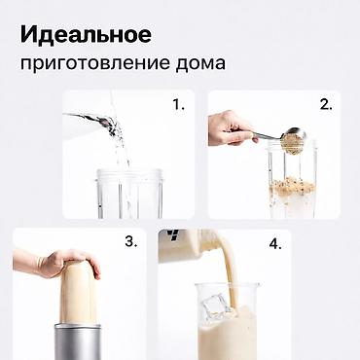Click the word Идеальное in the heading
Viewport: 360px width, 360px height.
pyautogui.click(x=86, y=34)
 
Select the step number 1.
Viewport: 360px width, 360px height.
pyautogui.click(x=178, y=104)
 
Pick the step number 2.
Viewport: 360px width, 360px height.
pyautogui.click(x=326, y=104)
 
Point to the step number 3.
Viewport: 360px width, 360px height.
pyautogui.click(x=131, y=241)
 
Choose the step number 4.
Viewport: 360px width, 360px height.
pyautogui.click(x=275, y=244)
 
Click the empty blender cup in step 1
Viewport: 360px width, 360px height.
pyautogui.click(x=129, y=194)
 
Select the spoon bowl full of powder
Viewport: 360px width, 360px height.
pyautogui.click(x=293, y=140)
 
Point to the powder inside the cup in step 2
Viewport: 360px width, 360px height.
pyautogui.click(x=293, y=188)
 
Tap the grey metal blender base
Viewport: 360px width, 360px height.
pyautogui.click(x=78, y=341)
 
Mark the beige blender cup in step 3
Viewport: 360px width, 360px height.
pyautogui.click(x=78, y=294)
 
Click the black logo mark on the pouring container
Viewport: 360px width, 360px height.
pyautogui.click(x=173, y=236)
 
